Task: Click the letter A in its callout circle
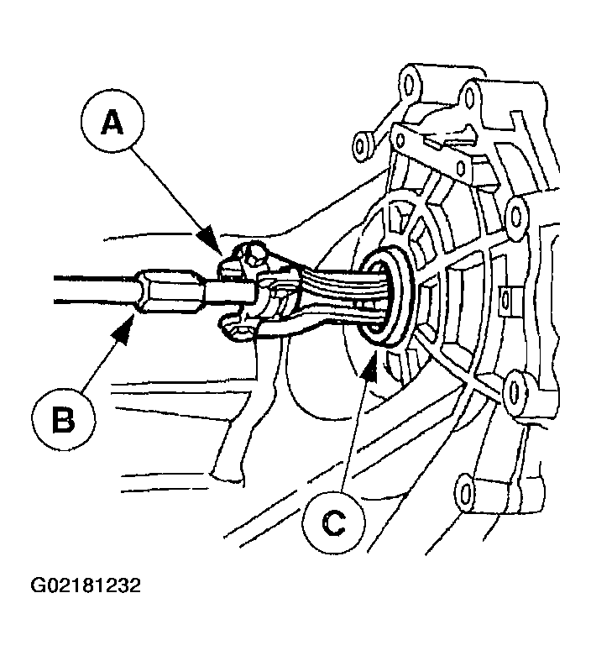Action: (x=112, y=123)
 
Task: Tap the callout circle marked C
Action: (x=333, y=522)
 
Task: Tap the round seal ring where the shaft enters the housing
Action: (x=388, y=296)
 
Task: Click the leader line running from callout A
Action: (x=176, y=197)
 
